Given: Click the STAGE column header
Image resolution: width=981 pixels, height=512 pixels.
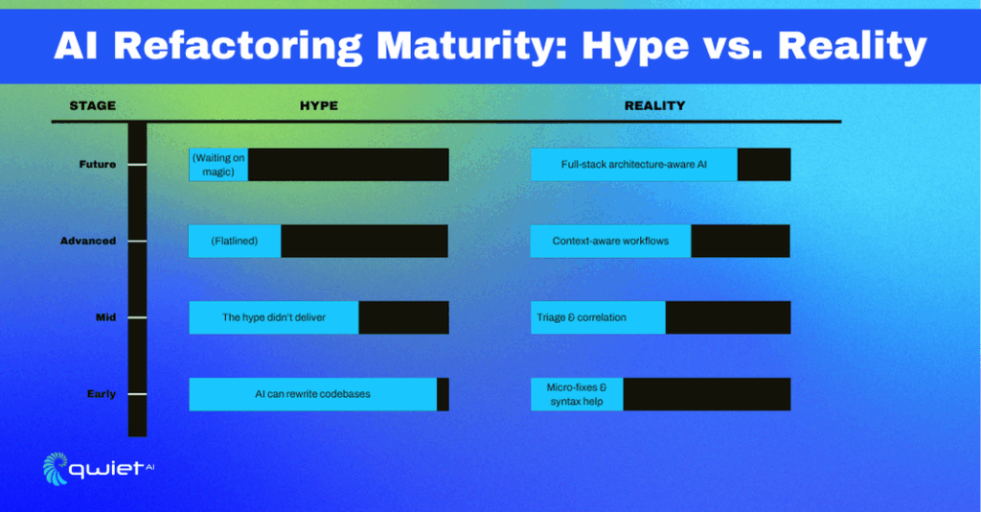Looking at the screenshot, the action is tap(93, 105).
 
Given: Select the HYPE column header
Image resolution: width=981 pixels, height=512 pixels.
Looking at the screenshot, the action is tap(319, 105).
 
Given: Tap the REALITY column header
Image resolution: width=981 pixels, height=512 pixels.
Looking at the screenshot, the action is tap(654, 105).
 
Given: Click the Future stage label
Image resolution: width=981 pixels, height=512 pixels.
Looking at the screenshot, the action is tap(98, 165).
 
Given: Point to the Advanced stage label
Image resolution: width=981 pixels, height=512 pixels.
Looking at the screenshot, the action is tap(88, 241).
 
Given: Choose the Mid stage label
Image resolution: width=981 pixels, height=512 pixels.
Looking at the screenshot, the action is tap(105, 317).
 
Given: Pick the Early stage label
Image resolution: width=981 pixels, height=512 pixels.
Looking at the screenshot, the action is tap(102, 394).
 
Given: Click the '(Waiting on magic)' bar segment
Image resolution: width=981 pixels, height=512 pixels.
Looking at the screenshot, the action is tap(218, 165).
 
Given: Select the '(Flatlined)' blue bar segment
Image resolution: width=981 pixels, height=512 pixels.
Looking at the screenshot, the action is tap(235, 241).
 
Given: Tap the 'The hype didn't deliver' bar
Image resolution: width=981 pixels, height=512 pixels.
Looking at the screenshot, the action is tap(274, 317).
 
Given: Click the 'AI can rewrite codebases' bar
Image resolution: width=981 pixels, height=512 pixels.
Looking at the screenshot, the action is tap(313, 394).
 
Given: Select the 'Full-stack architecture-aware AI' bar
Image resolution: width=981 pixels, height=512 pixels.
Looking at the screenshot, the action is tap(634, 165).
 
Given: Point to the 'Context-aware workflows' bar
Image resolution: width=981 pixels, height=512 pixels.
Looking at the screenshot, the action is tap(610, 241).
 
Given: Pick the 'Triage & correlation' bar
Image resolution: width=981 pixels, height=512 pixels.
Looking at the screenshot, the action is tap(598, 317).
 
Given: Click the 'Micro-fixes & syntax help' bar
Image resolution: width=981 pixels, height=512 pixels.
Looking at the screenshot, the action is tap(577, 394).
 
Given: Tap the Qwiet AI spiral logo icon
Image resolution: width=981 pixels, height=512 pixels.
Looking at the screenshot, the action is tap(55, 469).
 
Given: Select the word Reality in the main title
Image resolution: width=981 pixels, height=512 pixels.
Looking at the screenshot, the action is tap(852, 46).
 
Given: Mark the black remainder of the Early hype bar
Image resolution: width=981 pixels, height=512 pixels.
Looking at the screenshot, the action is tap(443, 394).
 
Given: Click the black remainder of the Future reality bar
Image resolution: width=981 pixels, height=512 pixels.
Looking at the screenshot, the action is tap(764, 165).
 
